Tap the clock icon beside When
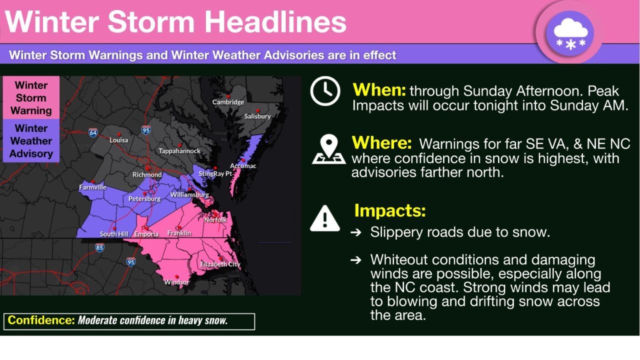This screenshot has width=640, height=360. coord(325,91)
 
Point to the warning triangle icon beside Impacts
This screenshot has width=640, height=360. coord(325,218)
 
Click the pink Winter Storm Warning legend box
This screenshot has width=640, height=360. coord(31,98)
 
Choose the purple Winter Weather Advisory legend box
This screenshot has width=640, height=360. coord(31,141)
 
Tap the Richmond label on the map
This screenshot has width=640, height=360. coord(147,174)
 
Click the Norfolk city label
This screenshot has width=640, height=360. coord(215,219)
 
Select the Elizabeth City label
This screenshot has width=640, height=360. coord(220,264)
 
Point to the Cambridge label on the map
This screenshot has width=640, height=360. coord(228,102)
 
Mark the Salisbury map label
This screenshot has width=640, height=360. coord(257,116)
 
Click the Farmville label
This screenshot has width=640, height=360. coord(92,187)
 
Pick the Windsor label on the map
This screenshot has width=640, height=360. coord(176,282)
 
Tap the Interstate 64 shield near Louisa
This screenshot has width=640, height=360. coord(93,132)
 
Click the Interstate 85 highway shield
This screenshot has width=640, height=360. coord(99,247)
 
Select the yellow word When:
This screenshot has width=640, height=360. coord(379,90)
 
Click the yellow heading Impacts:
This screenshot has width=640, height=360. coord(390,211)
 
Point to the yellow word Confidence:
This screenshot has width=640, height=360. coord(41,320)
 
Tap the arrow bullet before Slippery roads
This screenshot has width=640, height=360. coord(356,232)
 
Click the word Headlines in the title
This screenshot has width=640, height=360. coord(275,22)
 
